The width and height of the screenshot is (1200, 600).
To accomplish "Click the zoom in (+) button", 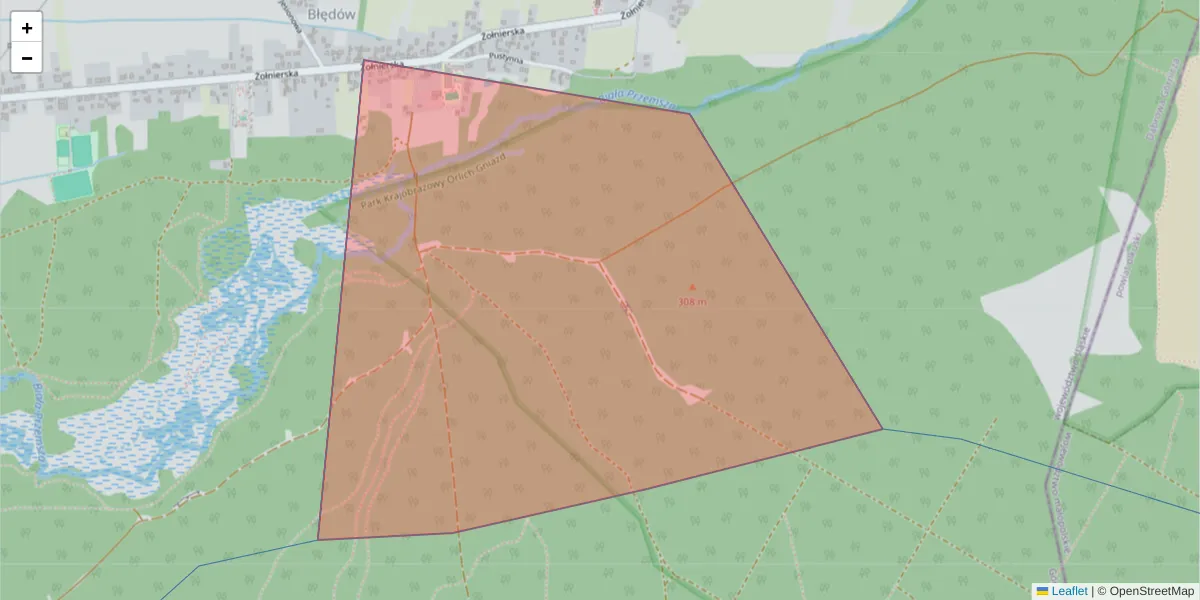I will pyautogui.click(x=27, y=28).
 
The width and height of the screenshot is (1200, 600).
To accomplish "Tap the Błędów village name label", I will pyautogui.click(x=333, y=14).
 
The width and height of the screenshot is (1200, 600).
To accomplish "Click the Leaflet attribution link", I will pyautogui.click(x=1068, y=591).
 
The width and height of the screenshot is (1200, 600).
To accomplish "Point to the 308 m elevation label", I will pyautogui.click(x=691, y=301).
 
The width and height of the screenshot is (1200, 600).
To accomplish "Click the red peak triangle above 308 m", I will pyautogui.click(x=691, y=288).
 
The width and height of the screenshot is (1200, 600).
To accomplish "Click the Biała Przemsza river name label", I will pyautogui.click(x=638, y=99).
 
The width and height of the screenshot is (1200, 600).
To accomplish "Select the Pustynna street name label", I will pyautogui.click(x=508, y=59).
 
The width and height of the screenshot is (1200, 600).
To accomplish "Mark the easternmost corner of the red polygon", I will pyautogui.click(x=882, y=429).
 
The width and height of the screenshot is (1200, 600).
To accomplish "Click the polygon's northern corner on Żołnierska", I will pyautogui.click(x=364, y=61).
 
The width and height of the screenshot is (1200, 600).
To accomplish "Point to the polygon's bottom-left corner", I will pyautogui.click(x=318, y=540).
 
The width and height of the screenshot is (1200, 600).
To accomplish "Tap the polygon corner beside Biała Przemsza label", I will pyautogui.click(x=690, y=112).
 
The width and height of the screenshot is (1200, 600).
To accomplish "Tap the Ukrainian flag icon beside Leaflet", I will pyautogui.click(x=1042, y=591).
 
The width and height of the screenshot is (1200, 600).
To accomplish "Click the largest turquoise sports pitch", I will pyautogui.click(x=70, y=186).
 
